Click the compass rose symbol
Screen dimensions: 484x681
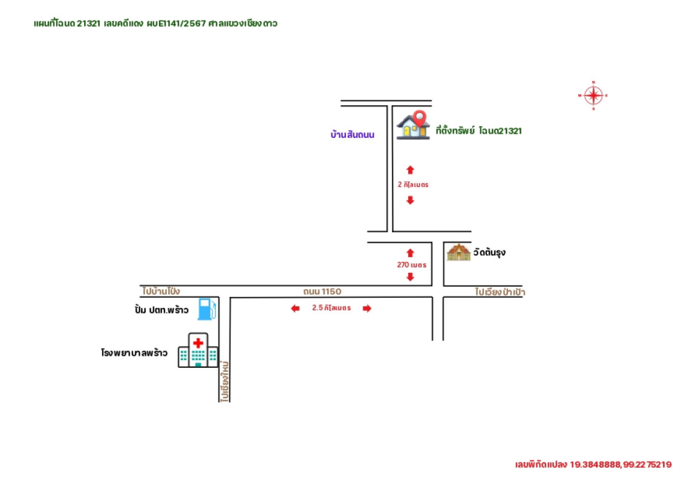593,96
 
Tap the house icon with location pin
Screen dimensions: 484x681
412,126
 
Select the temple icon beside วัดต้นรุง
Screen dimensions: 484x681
458,252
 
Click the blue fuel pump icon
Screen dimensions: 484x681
207,309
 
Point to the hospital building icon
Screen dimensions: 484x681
198,350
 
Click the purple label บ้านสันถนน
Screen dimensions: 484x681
353,134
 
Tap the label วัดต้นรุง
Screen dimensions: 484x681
489,253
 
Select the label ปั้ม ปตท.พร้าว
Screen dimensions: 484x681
161,310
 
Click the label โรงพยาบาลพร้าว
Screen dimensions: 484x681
134,352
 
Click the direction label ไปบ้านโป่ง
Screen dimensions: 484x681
161,291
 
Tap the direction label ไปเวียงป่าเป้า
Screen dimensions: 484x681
500,292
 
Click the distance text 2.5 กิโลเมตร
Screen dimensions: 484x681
331,308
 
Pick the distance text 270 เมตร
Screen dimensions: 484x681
411,265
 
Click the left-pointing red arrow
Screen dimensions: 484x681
295,309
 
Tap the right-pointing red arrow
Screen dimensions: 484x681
367,309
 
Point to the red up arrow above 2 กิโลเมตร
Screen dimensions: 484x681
410,170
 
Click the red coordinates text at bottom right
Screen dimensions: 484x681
593,465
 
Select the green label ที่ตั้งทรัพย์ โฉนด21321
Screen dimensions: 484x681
478,131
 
